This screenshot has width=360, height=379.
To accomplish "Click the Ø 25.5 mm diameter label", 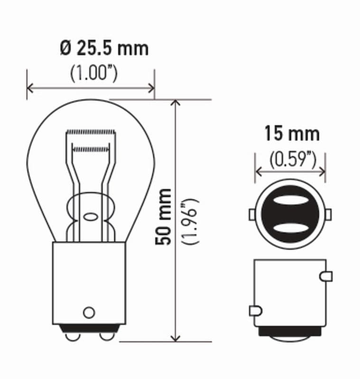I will [104, 48].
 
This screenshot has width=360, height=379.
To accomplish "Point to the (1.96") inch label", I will [192, 221].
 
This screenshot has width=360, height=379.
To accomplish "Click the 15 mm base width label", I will [292, 134].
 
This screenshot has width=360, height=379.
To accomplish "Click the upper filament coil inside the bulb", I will [91, 131].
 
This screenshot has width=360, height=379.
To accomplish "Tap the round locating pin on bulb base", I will [89, 312].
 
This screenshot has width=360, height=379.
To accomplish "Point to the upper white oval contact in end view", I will [290, 201].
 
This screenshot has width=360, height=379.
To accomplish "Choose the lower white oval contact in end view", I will [290, 228].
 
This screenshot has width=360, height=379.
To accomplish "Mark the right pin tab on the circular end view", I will [328, 215].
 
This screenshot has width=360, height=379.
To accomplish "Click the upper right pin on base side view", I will [326, 276].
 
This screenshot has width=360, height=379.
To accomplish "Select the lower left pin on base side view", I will [255, 311].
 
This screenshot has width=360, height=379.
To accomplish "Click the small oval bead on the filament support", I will [89, 217].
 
